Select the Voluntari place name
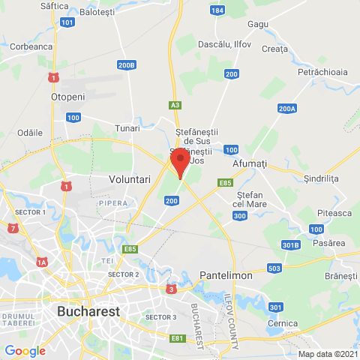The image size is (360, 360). coord(130,180)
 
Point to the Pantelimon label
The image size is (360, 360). coord(226,276)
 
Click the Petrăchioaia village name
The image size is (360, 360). coord(322,72)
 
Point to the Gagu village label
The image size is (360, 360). coord(258,24)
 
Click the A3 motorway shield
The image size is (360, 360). coord(175,106)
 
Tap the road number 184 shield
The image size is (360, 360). coord(217,11)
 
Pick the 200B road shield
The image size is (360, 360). coord(127,65)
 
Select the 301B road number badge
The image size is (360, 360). coord(291,244)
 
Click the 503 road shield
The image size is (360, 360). coord(274,268)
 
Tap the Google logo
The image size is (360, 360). coord(25,350)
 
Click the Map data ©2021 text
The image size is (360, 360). coord(328,354)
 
